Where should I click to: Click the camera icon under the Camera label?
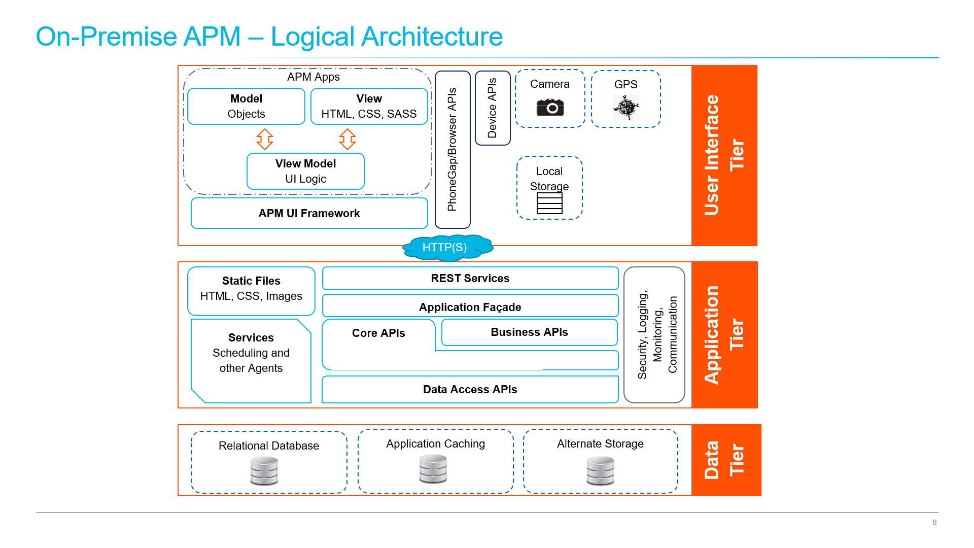coord(550,108)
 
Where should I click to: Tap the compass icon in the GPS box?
coord(626,107)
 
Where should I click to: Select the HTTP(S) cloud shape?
coord(446,248)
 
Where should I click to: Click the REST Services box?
coord(470,279)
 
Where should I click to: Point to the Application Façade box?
coord(470,307)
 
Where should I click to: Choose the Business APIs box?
coord(529,332)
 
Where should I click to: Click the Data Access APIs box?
coord(470,390)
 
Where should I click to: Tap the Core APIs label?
coord(378,333)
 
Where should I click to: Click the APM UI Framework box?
coord(309,214)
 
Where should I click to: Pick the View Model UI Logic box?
coord(305,172)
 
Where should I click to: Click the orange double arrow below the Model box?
coord(264,139)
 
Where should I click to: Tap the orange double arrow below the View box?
coord(347,139)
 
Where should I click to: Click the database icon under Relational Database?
coord(264,471)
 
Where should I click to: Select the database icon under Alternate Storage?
coord(600,471)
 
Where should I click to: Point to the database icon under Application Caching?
coord(433,469)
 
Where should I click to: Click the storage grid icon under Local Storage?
coord(549,203)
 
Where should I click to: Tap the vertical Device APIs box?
coord(493,108)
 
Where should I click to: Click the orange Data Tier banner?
coord(725,460)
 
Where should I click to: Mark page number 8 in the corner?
coord(934,522)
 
